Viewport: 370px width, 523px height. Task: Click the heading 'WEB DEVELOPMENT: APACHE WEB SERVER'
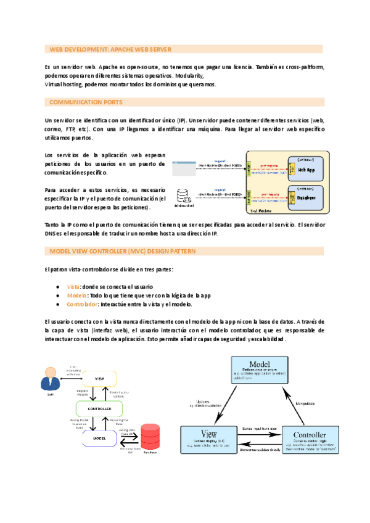click(110, 49)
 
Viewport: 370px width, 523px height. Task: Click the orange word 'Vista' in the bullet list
click(73, 287)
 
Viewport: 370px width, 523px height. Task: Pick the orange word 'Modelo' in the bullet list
click(76, 295)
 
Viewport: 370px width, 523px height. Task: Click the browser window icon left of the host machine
click(181, 165)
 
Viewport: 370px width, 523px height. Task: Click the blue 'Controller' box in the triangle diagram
click(314, 440)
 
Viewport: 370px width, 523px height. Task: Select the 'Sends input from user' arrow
click(260, 430)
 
